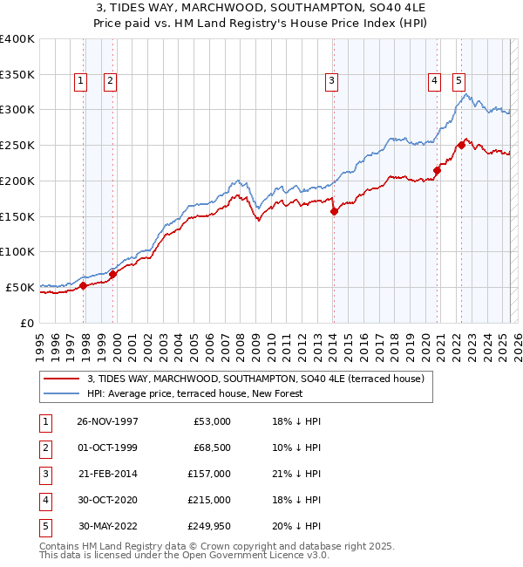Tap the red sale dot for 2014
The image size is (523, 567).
[x=334, y=210]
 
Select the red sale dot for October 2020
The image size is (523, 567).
[x=437, y=170]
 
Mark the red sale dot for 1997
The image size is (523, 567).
[x=84, y=285]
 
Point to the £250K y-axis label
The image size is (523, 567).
[x=17, y=145]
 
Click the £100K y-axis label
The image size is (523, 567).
[x=17, y=251]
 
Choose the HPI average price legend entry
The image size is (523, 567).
[x=194, y=393]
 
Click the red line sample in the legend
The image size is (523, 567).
[x=61, y=379]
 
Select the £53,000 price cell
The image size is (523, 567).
[x=212, y=421]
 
